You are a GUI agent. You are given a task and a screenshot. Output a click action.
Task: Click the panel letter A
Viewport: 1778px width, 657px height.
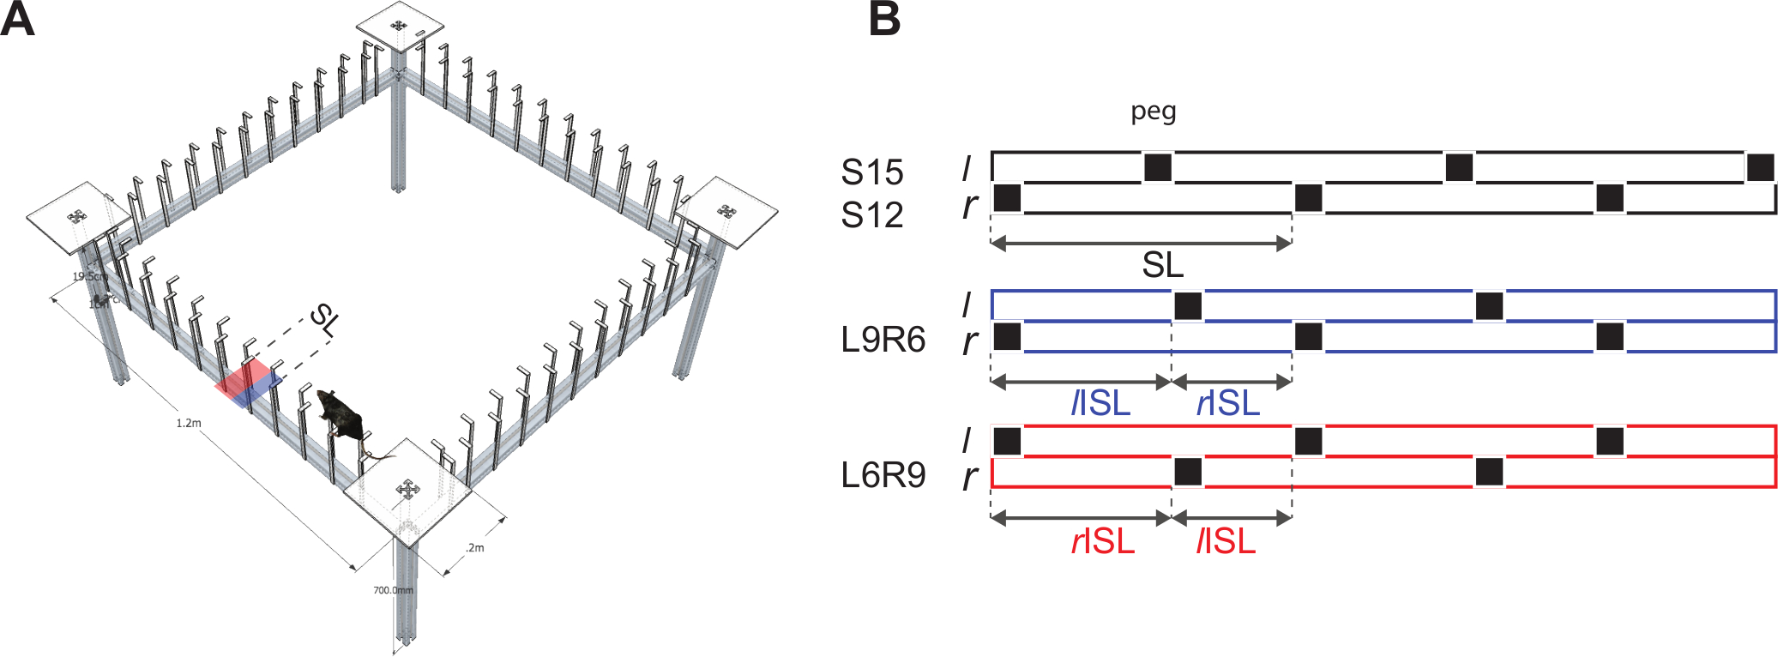(17, 19)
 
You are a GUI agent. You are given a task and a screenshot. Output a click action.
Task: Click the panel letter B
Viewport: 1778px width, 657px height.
(884, 19)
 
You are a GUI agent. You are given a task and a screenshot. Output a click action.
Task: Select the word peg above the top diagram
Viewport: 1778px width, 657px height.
(1153, 112)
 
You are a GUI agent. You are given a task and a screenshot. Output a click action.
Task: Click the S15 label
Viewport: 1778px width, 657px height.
(871, 172)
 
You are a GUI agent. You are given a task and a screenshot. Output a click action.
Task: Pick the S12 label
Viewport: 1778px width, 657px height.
(871, 214)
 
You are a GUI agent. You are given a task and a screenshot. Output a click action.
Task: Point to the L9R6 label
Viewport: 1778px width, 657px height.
(883, 341)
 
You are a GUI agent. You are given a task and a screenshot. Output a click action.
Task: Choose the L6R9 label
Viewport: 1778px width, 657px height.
(883, 475)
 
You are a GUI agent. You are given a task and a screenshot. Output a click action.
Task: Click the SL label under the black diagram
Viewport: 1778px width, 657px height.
(1162, 265)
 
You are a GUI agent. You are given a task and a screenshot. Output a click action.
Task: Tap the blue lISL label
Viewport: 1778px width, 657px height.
(1100, 402)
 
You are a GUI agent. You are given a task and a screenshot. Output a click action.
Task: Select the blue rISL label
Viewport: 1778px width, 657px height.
(1228, 402)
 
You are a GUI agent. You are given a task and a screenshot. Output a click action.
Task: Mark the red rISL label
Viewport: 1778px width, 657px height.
(1103, 541)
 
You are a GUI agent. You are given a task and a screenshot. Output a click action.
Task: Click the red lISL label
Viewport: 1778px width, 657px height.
(1226, 541)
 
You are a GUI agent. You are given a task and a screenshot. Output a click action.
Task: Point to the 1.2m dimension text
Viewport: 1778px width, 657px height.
(189, 424)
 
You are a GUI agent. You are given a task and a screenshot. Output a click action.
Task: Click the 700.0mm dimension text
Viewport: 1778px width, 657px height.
(393, 590)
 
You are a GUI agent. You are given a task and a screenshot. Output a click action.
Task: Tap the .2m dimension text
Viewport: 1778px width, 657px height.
(474, 548)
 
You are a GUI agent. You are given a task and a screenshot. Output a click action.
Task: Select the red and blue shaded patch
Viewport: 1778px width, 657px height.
(248, 383)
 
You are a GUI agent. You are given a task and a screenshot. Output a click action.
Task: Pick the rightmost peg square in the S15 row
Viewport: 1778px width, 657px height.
(1760, 167)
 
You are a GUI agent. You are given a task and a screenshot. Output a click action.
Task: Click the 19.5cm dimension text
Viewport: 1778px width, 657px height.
(89, 276)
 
